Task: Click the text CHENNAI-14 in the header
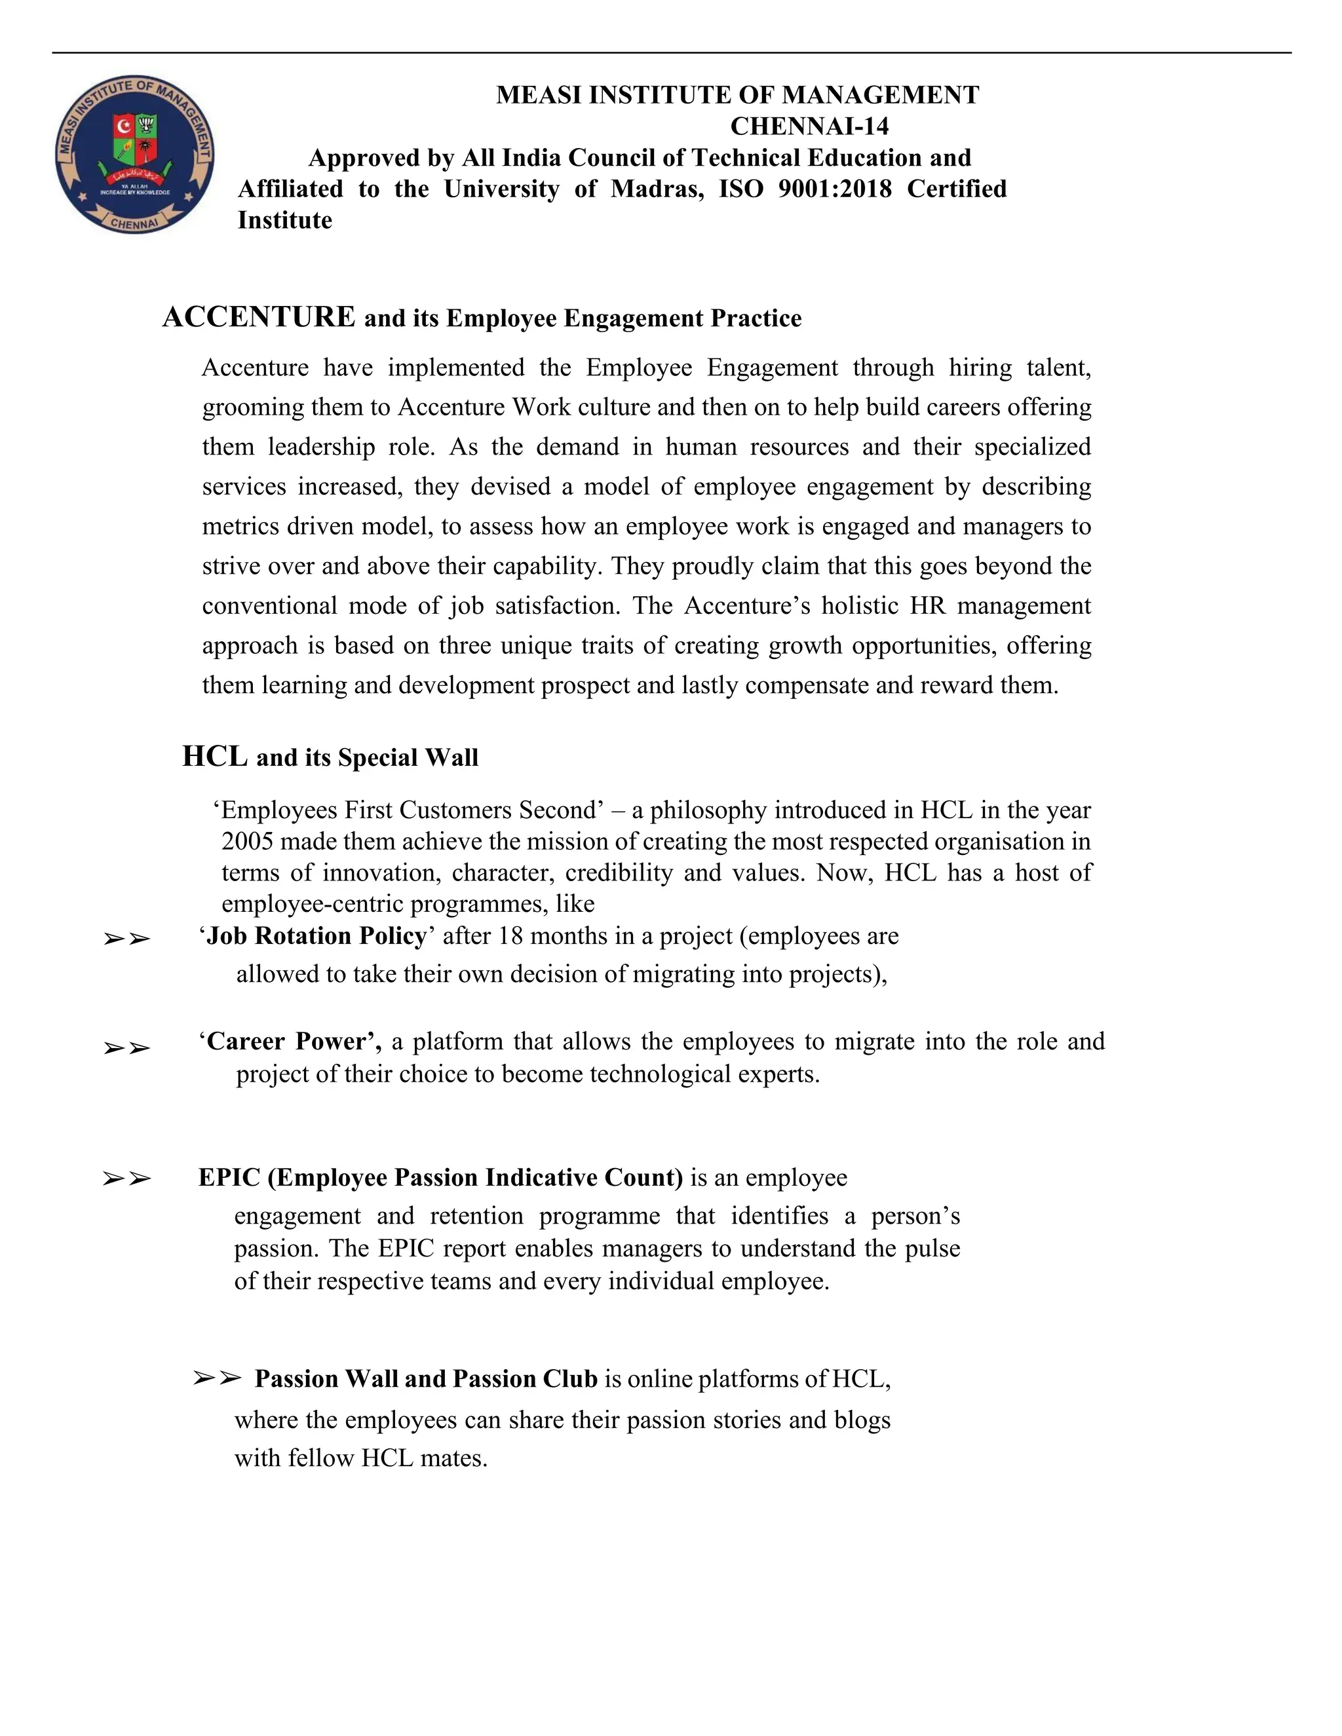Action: pos(809,126)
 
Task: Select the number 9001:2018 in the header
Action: pos(835,189)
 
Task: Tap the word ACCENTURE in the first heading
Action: pos(258,316)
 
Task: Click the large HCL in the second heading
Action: pos(215,756)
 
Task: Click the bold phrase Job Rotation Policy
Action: pos(316,935)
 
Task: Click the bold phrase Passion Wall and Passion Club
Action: pos(425,1378)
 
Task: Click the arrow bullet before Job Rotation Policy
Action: pos(126,939)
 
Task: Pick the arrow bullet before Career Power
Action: pos(126,1048)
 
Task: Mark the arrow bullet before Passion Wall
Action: pos(216,1378)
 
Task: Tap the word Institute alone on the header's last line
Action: pos(284,220)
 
